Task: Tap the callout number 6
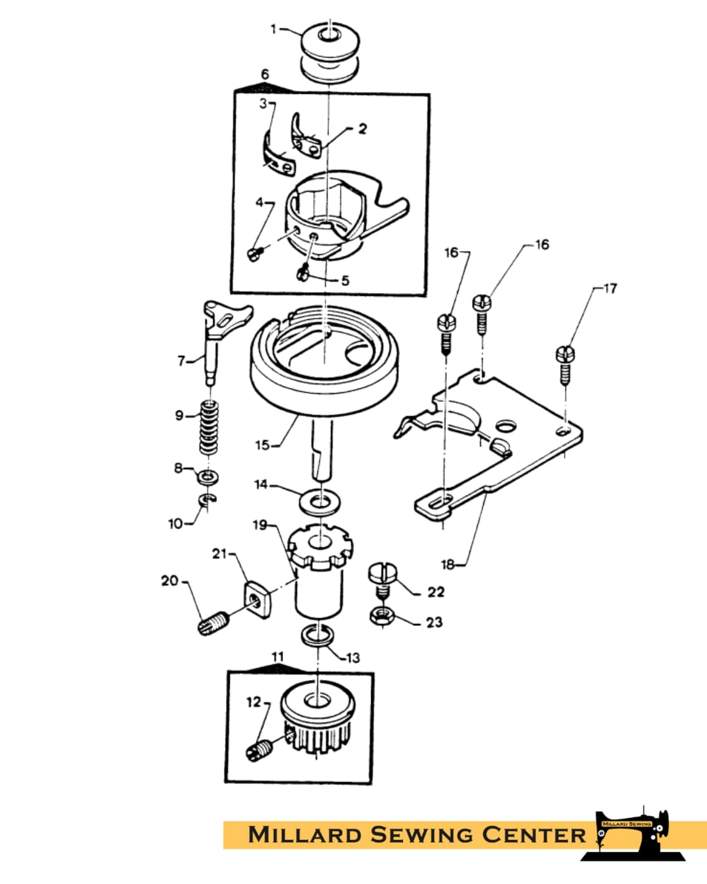coord(265,74)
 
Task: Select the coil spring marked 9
coord(209,428)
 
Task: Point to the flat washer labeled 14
coord(320,502)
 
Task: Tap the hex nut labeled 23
coord(382,616)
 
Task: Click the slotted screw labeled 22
coord(383,581)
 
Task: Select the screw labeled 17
coord(565,365)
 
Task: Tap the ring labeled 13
coord(318,635)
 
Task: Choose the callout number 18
coord(448,565)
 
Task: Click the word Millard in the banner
coord(303,834)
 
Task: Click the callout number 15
coord(262,445)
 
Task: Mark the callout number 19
coord(260,525)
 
